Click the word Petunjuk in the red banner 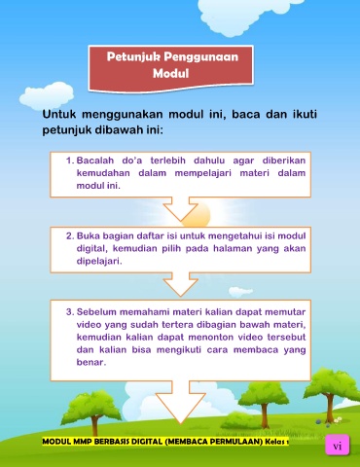click(133, 57)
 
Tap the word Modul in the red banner click(171, 73)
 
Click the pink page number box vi click(338, 446)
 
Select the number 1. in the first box click(70, 161)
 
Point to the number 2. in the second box click(70, 235)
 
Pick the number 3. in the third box click(70, 312)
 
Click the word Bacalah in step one click(95, 161)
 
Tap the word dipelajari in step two click(99, 262)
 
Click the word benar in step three click(91, 362)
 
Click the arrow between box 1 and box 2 click(181, 208)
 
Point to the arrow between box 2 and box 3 click(181, 284)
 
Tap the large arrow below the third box click(181, 402)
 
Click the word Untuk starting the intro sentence click(59, 114)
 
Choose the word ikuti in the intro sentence click(305, 114)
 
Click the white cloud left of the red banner click(47, 95)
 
